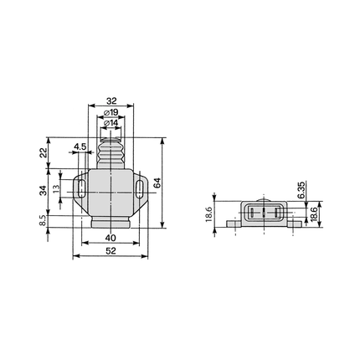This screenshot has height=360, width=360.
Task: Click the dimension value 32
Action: (111, 100)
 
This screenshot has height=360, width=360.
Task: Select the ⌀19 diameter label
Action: (111, 113)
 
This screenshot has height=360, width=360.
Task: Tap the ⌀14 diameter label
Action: (111, 123)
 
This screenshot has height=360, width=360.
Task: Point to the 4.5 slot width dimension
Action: (80, 147)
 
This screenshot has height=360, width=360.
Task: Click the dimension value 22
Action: (44, 152)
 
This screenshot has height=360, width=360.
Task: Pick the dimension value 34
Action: (44, 191)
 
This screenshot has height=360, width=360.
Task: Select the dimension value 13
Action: (56, 189)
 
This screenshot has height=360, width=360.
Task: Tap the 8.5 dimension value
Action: (43, 221)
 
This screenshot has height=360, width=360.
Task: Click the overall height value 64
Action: (157, 183)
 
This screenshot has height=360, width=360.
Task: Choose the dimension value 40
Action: (111, 238)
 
